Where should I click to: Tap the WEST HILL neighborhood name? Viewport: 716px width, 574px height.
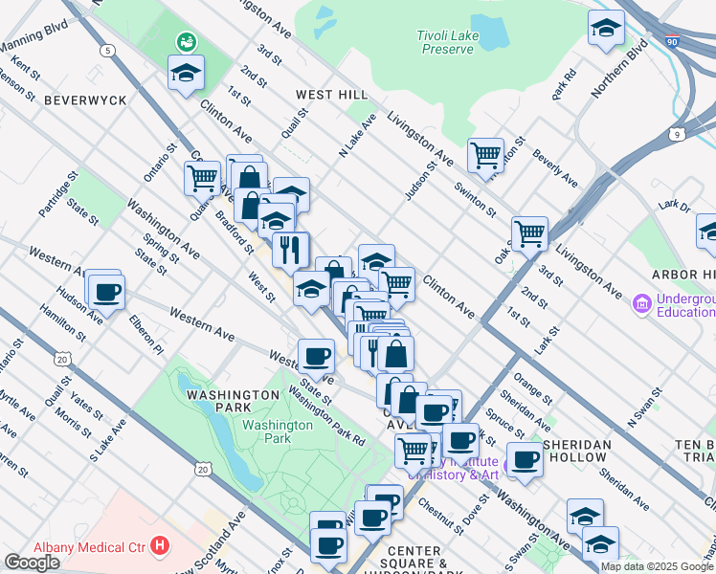[331, 95]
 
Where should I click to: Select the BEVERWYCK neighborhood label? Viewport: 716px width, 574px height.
[72, 99]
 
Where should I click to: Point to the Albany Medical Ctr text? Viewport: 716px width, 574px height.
[87, 547]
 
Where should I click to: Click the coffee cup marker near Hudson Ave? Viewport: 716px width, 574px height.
[107, 292]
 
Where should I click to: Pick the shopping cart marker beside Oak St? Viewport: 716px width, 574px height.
[529, 232]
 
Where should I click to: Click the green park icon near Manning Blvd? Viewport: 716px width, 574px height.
[182, 42]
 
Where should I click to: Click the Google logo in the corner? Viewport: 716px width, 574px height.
[32, 563]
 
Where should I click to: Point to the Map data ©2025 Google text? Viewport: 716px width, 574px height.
[657, 566]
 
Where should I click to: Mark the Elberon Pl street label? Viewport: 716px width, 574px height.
[149, 333]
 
